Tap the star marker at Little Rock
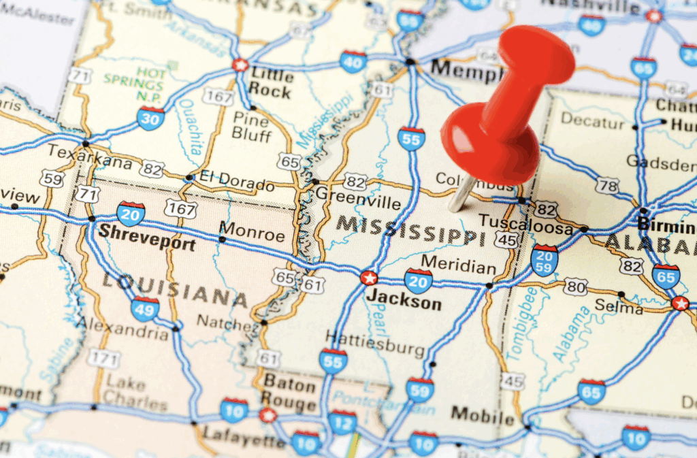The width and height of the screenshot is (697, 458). pos(240,65)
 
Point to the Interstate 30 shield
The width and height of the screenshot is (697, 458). pos(150,118)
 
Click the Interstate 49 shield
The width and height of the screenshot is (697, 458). pos(145,308)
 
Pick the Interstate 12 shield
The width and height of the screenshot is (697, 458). pos(342,422)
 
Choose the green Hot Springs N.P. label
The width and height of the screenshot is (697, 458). pos(134,84)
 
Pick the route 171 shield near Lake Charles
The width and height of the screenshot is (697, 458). pos(104,358)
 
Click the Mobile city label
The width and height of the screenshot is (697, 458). pos(482,414)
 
